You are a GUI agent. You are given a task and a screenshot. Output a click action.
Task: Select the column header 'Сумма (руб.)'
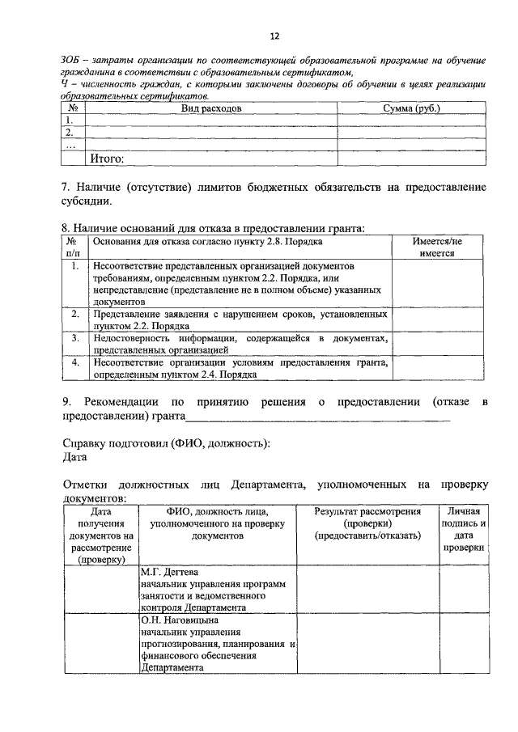pyautogui.click(x=411, y=108)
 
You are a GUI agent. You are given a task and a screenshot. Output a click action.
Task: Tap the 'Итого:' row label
pyautogui.click(x=106, y=159)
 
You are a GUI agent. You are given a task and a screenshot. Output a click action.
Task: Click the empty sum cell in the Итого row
pyautogui.click(x=411, y=159)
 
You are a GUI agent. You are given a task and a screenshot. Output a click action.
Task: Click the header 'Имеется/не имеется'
pyautogui.click(x=437, y=247)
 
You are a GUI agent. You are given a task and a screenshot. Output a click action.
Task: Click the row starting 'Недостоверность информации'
pyautogui.click(x=240, y=343)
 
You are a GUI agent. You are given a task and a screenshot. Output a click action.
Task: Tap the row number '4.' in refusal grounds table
pyautogui.click(x=74, y=363)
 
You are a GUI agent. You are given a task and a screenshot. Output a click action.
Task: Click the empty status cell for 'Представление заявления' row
pyautogui.click(x=437, y=319)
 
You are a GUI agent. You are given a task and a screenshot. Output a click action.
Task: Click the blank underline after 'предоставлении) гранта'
pyautogui.click(x=317, y=417)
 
